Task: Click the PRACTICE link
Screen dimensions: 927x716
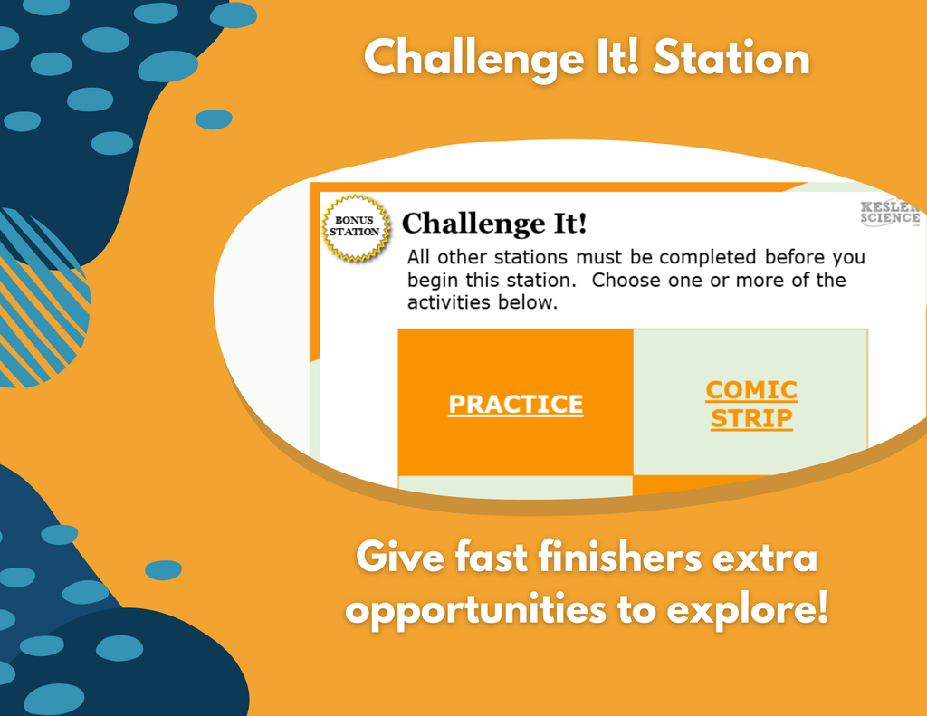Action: pyautogui.click(x=515, y=405)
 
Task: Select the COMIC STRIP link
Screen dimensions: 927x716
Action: pyautogui.click(x=751, y=405)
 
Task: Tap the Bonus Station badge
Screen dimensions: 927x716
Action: pyautogui.click(x=355, y=227)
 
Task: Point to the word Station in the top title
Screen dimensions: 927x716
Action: pyautogui.click(x=731, y=58)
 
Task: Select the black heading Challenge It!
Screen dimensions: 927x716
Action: pyautogui.click(x=494, y=224)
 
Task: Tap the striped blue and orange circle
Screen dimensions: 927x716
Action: pyautogui.click(x=38, y=299)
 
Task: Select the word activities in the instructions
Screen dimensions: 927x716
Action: pyautogui.click(x=449, y=302)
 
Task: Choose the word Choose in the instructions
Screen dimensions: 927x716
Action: pyautogui.click(x=626, y=280)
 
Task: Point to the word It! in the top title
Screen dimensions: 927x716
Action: pyautogui.click(x=618, y=58)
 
